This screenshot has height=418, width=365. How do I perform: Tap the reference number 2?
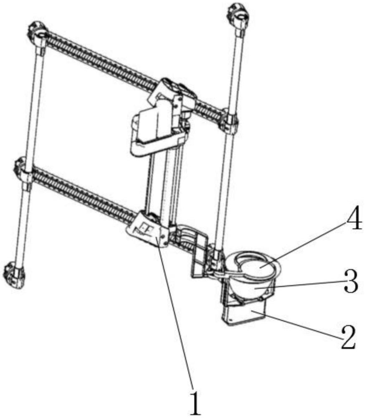(347, 337)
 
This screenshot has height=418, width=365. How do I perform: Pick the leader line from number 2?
(301, 324)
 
